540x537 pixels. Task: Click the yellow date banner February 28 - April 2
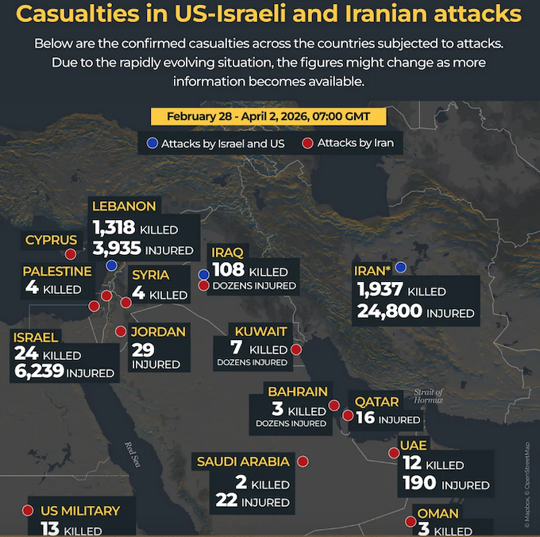click(x=269, y=117)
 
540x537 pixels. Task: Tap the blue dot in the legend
click(x=152, y=144)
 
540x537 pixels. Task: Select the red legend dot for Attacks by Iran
click(x=307, y=144)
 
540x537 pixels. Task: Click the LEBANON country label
click(x=124, y=207)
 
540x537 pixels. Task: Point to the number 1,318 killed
click(x=114, y=229)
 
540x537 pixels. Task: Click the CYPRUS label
click(x=51, y=240)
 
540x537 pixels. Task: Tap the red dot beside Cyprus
click(x=70, y=254)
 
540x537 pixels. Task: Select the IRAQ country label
click(x=227, y=253)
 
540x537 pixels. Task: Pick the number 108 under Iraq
click(x=228, y=270)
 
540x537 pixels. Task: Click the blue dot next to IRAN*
click(x=401, y=268)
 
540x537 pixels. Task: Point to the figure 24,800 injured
click(x=389, y=311)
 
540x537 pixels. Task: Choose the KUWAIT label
click(x=256, y=330)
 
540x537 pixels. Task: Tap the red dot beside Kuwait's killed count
click(x=296, y=349)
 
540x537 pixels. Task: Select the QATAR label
click(x=376, y=403)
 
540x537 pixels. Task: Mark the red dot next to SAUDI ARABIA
click(x=303, y=461)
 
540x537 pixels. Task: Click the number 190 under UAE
click(x=419, y=483)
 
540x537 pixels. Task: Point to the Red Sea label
click(x=133, y=458)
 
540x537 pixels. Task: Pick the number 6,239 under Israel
click(x=38, y=370)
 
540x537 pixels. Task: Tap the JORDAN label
click(x=160, y=331)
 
